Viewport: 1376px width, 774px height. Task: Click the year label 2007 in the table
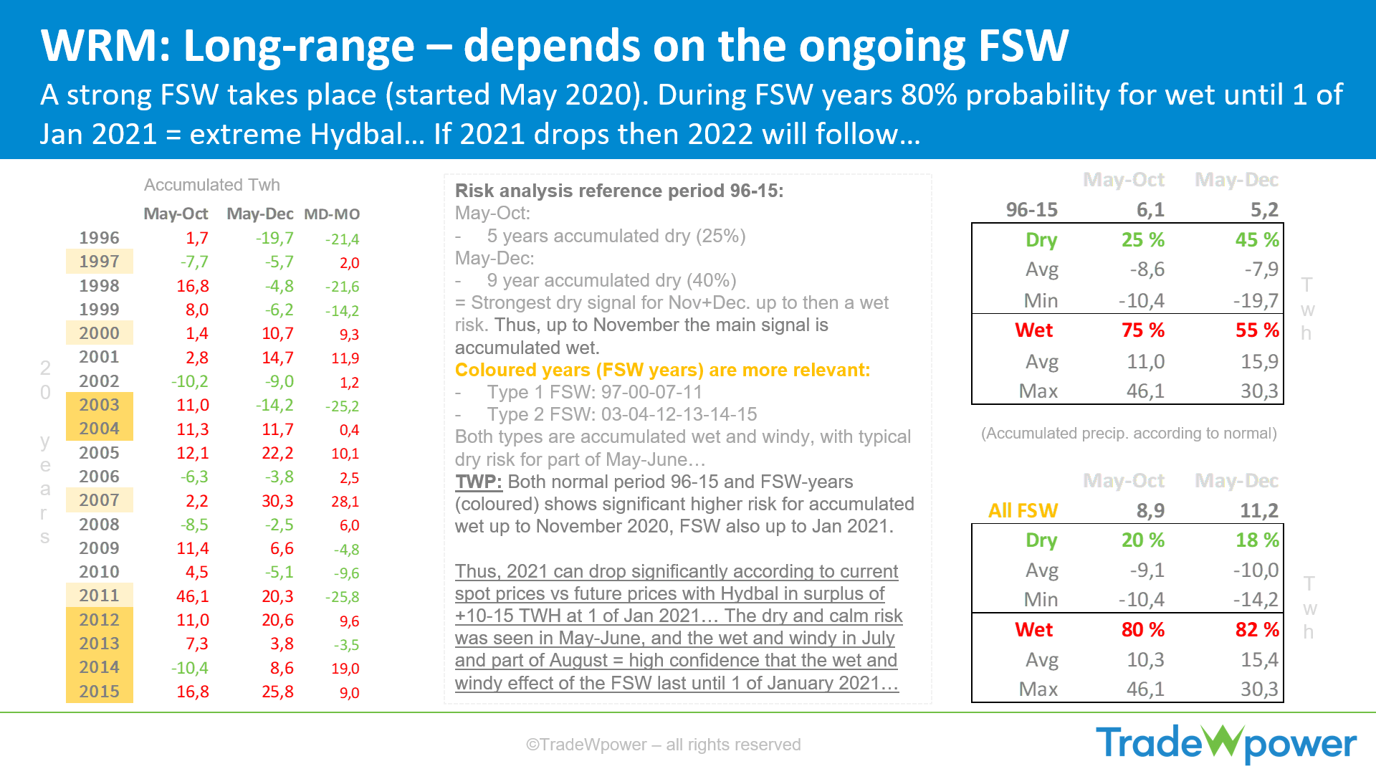99,500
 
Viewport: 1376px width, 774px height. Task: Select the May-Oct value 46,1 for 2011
193,596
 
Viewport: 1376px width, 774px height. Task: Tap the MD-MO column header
332,214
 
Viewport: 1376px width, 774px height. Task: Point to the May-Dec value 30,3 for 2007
277,501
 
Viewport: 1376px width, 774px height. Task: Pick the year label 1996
99,238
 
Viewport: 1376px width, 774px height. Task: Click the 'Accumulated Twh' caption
212,185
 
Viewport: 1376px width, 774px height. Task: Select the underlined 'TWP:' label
479,482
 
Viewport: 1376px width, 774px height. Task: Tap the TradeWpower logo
1226,744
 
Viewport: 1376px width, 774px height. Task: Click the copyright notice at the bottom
663,745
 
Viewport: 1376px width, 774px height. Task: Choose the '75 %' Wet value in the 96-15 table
1143,330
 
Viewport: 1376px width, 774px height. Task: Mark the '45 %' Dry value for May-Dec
1257,240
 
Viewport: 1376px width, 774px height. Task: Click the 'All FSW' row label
1023,510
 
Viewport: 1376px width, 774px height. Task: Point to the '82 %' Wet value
1257,630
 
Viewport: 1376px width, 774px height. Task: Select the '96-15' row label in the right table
1031,210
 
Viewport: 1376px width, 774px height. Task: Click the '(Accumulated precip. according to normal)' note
1129,434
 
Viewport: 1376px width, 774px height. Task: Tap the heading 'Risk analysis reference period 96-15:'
619,191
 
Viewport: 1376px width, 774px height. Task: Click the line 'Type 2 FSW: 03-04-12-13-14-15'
622,414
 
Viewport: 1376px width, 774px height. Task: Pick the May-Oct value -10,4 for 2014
189,668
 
